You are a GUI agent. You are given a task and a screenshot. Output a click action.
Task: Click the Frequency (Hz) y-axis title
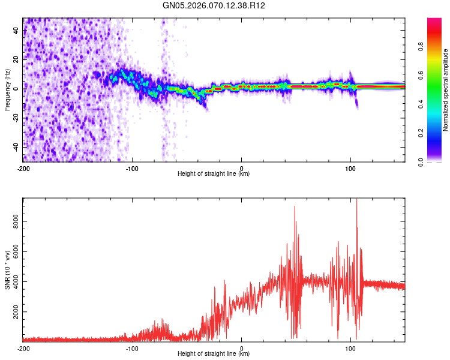pyautogui.click(x=7, y=90)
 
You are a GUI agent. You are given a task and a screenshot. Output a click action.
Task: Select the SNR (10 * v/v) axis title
pyautogui.click(x=7, y=270)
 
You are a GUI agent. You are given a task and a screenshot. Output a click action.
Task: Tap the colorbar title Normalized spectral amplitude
pyautogui.click(x=446, y=90)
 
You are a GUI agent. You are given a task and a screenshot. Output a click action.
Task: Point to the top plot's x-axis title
pyautogui.click(x=214, y=174)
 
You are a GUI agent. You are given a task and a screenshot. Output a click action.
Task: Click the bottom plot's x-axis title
pyautogui.click(x=214, y=354)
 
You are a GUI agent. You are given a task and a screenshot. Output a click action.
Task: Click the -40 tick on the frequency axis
pyautogui.click(x=16, y=146)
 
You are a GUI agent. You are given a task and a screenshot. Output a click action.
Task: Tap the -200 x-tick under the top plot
pyautogui.click(x=23, y=168)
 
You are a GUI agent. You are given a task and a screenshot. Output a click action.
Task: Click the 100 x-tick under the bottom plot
pyautogui.click(x=350, y=348)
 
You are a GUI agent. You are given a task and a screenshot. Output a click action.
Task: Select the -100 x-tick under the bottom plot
pyautogui.click(x=133, y=348)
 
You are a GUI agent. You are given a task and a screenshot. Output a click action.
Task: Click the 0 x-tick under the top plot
pyautogui.click(x=241, y=168)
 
